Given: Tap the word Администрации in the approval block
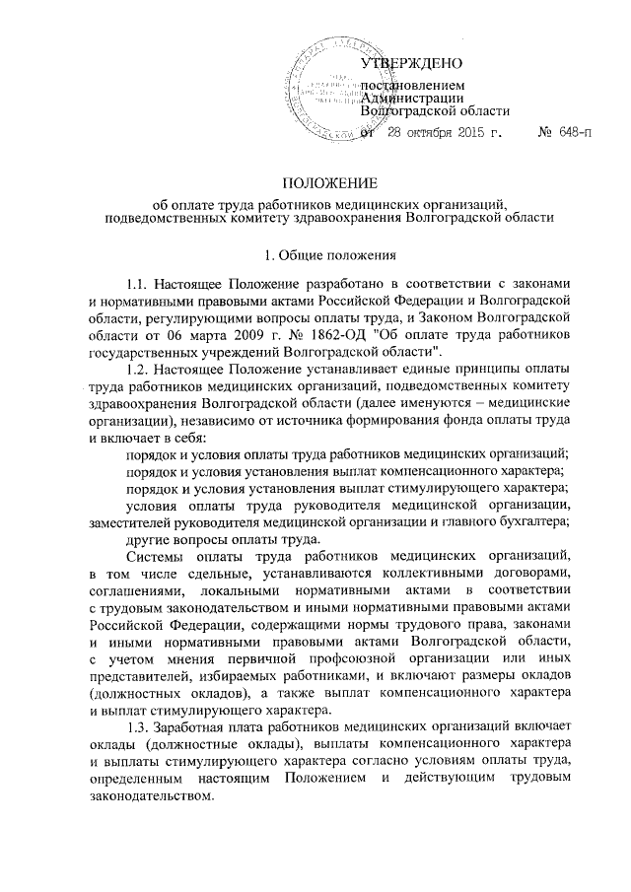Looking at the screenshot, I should (x=413, y=97).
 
